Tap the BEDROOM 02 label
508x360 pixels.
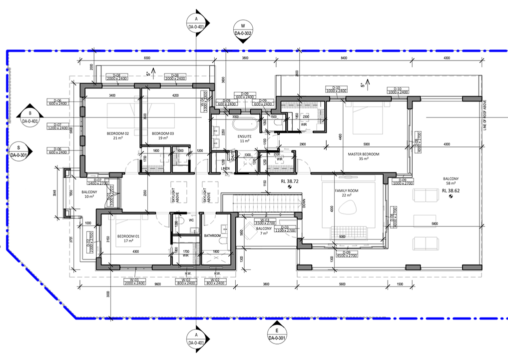point(118,133)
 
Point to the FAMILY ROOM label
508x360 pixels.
point(347,191)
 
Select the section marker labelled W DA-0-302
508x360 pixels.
point(243,29)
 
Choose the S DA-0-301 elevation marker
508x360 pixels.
point(19,150)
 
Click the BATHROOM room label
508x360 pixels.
point(213,235)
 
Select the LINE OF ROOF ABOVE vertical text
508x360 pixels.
point(484,115)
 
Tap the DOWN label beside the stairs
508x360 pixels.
point(304,203)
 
